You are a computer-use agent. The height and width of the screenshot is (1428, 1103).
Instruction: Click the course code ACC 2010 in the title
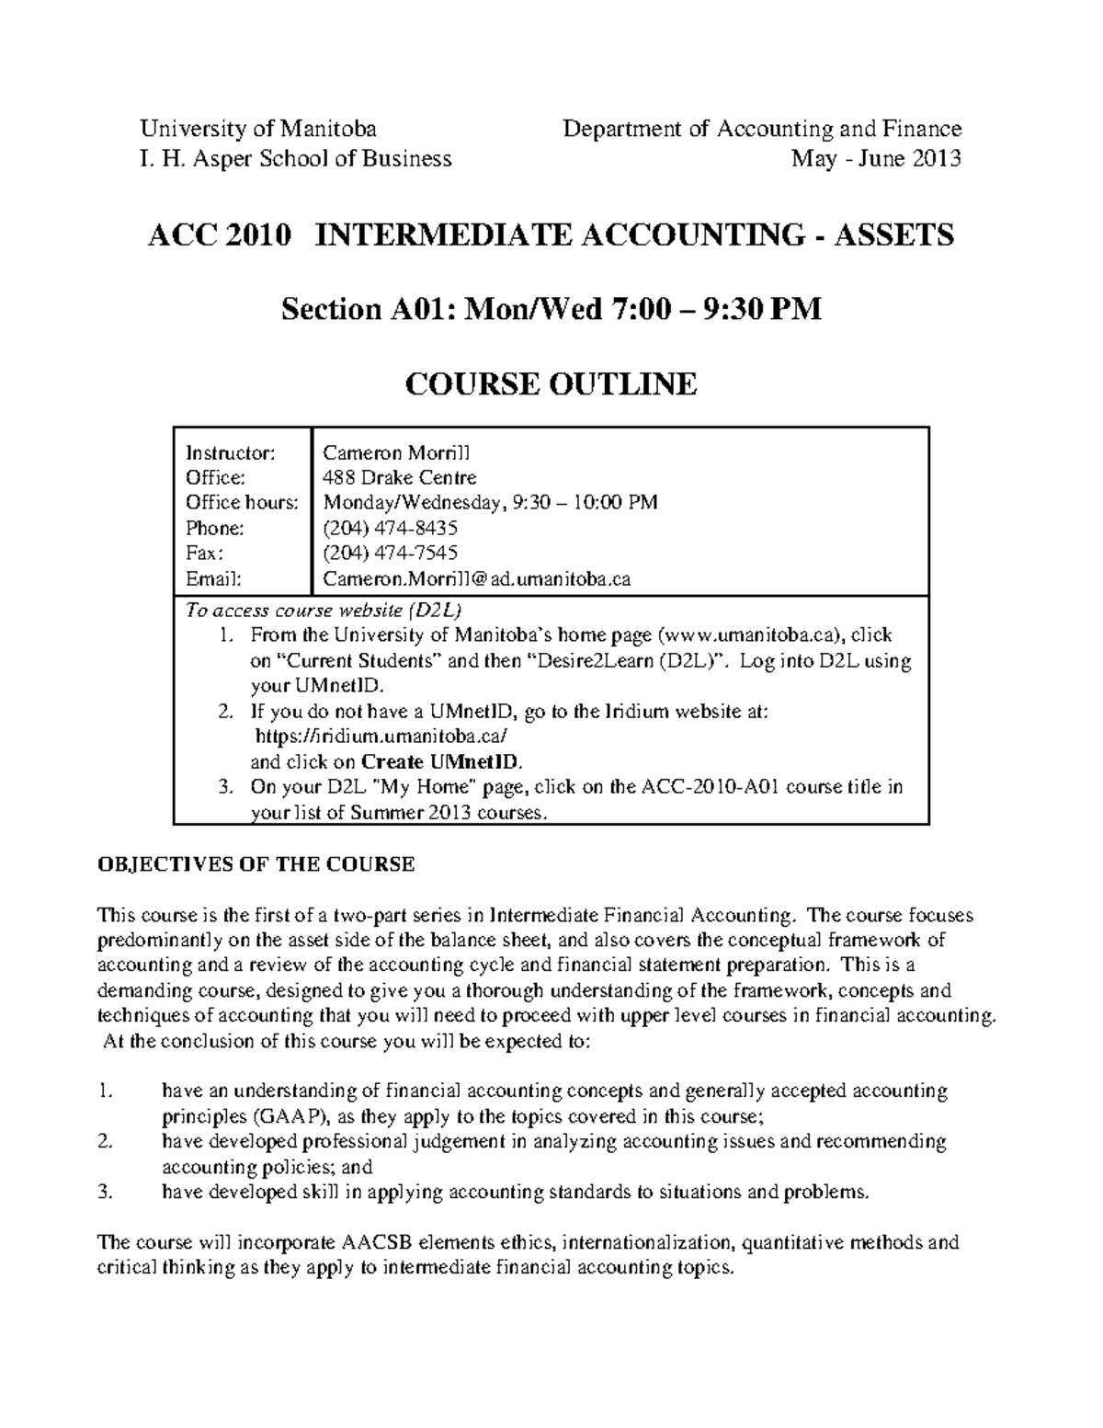[220, 235]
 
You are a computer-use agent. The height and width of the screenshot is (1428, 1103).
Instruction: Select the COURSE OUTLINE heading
[551, 383]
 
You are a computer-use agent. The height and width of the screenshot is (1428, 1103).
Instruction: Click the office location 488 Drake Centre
[399, 477]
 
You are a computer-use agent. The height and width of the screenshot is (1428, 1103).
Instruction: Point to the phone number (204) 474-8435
[390, 528]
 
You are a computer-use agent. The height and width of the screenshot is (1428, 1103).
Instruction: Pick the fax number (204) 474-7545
[390, 553]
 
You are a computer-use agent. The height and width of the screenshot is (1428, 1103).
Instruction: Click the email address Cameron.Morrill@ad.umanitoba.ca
[476, 578]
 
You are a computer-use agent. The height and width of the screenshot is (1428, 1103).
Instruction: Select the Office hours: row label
[242, 502]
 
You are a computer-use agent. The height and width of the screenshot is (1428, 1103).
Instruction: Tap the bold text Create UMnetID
[441, 761]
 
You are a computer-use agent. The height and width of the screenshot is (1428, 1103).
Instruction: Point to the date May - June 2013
[876, 158]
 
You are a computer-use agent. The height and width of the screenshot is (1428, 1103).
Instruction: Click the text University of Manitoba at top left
[257, 129]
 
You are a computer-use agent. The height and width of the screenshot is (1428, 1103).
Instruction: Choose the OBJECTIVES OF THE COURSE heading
[256, 864]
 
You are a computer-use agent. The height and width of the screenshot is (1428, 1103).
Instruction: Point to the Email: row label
[213, 578]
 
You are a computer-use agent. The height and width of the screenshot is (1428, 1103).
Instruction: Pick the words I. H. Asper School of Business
[295, 158]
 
